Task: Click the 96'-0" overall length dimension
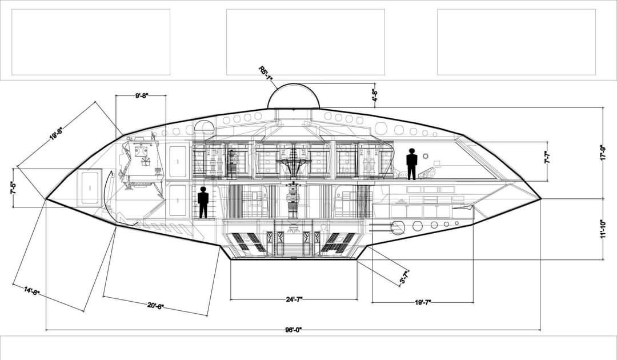pos(293,330)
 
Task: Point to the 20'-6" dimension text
pos(155,306)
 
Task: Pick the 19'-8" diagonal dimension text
pos(55,134)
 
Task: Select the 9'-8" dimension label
pos(141,96)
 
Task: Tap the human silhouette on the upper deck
pos(411,164)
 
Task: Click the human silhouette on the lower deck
pos(203,202)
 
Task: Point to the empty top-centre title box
pos(305,42)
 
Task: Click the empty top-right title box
pos(516,42)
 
